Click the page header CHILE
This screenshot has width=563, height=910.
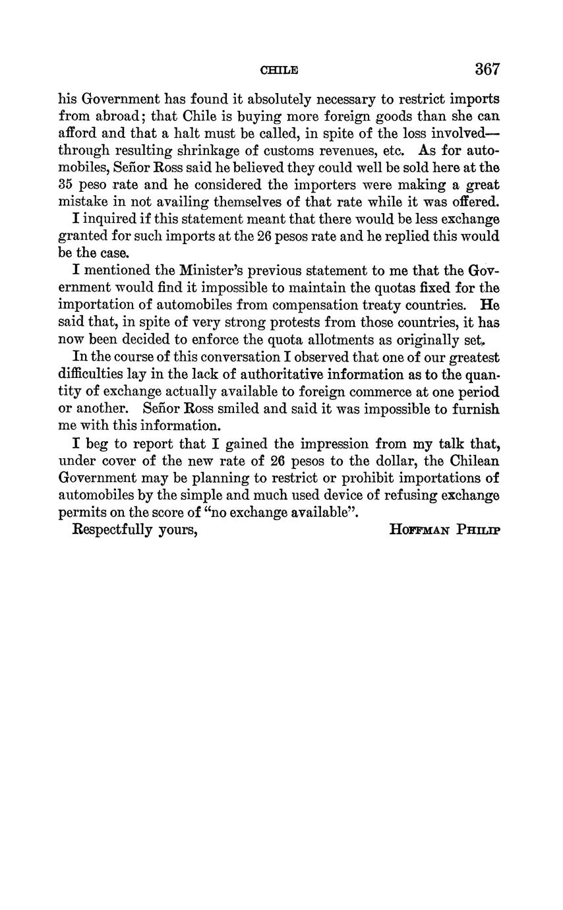click(280, 70)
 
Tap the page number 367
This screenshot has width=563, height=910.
click(487, 69)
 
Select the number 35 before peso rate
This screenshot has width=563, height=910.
click(67, 185)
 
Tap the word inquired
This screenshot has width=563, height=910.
click(108, 220)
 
